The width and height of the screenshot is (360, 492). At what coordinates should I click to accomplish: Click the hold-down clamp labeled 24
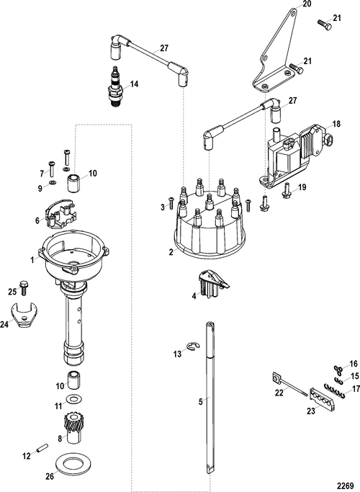click(x=24, y=314)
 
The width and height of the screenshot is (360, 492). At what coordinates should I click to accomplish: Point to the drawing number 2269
click(x=346, y=486)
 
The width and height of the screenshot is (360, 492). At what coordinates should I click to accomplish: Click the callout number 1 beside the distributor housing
click(x=32, y=260)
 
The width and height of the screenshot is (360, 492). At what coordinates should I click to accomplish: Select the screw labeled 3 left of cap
click(x=171, y=203)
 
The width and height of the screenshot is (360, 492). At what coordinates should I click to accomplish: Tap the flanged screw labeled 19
click(x=287, y=191)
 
